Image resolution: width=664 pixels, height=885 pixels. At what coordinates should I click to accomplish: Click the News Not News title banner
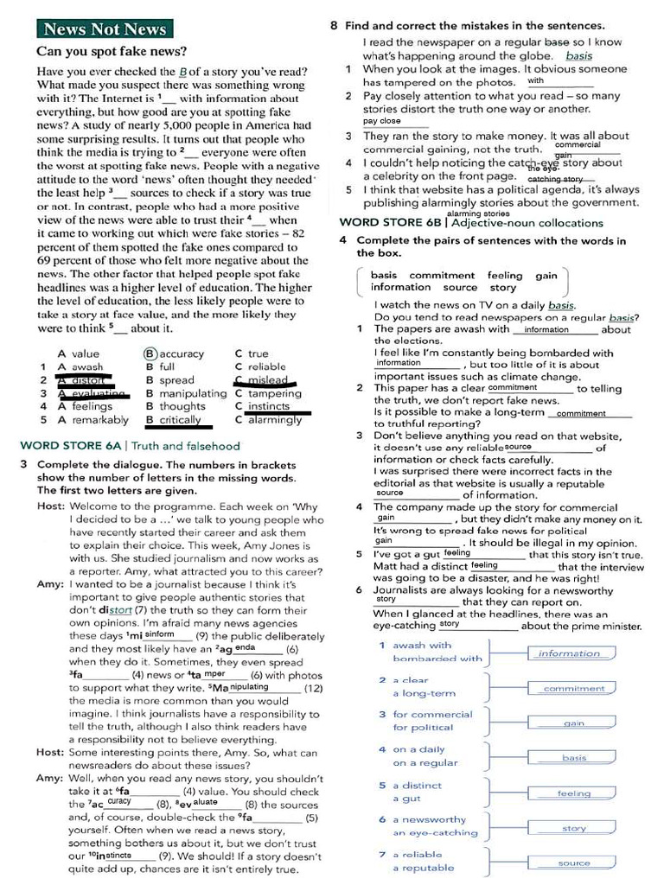(105, 29)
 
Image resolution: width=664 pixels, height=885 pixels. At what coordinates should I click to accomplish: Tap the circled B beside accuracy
(150, 353)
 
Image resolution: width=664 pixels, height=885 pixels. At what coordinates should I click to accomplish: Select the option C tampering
(268, 393)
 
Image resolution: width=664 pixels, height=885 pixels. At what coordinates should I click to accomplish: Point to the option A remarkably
(93, 420)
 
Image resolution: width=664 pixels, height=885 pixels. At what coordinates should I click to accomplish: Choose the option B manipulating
(186, 393)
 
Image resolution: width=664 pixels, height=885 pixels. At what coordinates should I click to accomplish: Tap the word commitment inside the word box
(442, 276)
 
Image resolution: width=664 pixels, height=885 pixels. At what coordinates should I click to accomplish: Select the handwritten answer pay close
(382, 122)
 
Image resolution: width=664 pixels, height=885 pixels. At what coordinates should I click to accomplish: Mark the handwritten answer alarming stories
(478, 213)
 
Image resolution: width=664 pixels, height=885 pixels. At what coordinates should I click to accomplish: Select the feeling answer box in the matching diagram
(573, 793)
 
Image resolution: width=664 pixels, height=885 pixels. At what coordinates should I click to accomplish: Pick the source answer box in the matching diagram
(573, 863)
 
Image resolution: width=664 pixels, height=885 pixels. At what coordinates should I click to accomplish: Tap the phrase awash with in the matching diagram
(422, 645)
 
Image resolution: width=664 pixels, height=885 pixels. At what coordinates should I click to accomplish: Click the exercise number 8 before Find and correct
(335, 26)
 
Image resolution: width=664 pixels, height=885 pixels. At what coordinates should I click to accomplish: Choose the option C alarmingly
(268, 420)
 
